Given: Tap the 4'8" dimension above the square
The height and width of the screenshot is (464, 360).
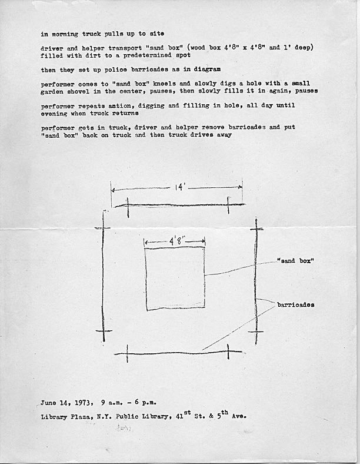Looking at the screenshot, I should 174,240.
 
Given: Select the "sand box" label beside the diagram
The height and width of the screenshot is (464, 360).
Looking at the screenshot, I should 296,260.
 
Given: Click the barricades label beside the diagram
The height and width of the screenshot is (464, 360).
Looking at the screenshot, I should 296,304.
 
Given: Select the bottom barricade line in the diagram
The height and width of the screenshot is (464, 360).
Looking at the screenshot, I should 171,353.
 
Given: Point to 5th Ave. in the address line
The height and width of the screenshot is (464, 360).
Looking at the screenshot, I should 229,416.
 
